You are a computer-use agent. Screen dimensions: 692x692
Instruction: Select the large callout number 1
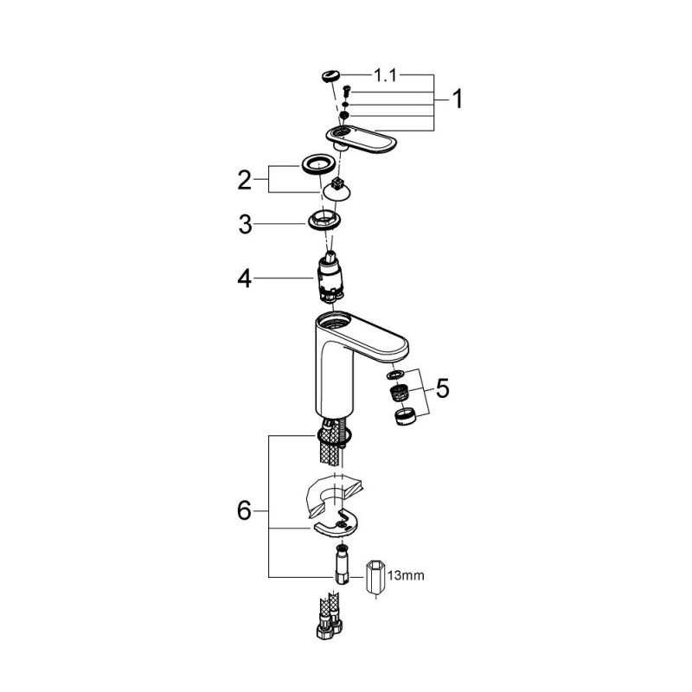click(x=456, y=101)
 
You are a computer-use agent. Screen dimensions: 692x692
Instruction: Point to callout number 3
click(x=245, y=225)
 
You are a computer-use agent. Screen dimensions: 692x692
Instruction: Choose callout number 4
click(x=245, y=279)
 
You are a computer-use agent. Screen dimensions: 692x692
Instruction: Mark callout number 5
click(x=443, y=388)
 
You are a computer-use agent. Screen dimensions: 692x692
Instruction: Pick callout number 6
click(x=245, y=511)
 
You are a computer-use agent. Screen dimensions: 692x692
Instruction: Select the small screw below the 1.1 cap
click(x=345, y=91)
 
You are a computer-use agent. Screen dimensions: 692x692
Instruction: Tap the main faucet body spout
click(x=346, y=355)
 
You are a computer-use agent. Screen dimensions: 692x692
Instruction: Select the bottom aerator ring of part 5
click(x=402, y=418)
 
